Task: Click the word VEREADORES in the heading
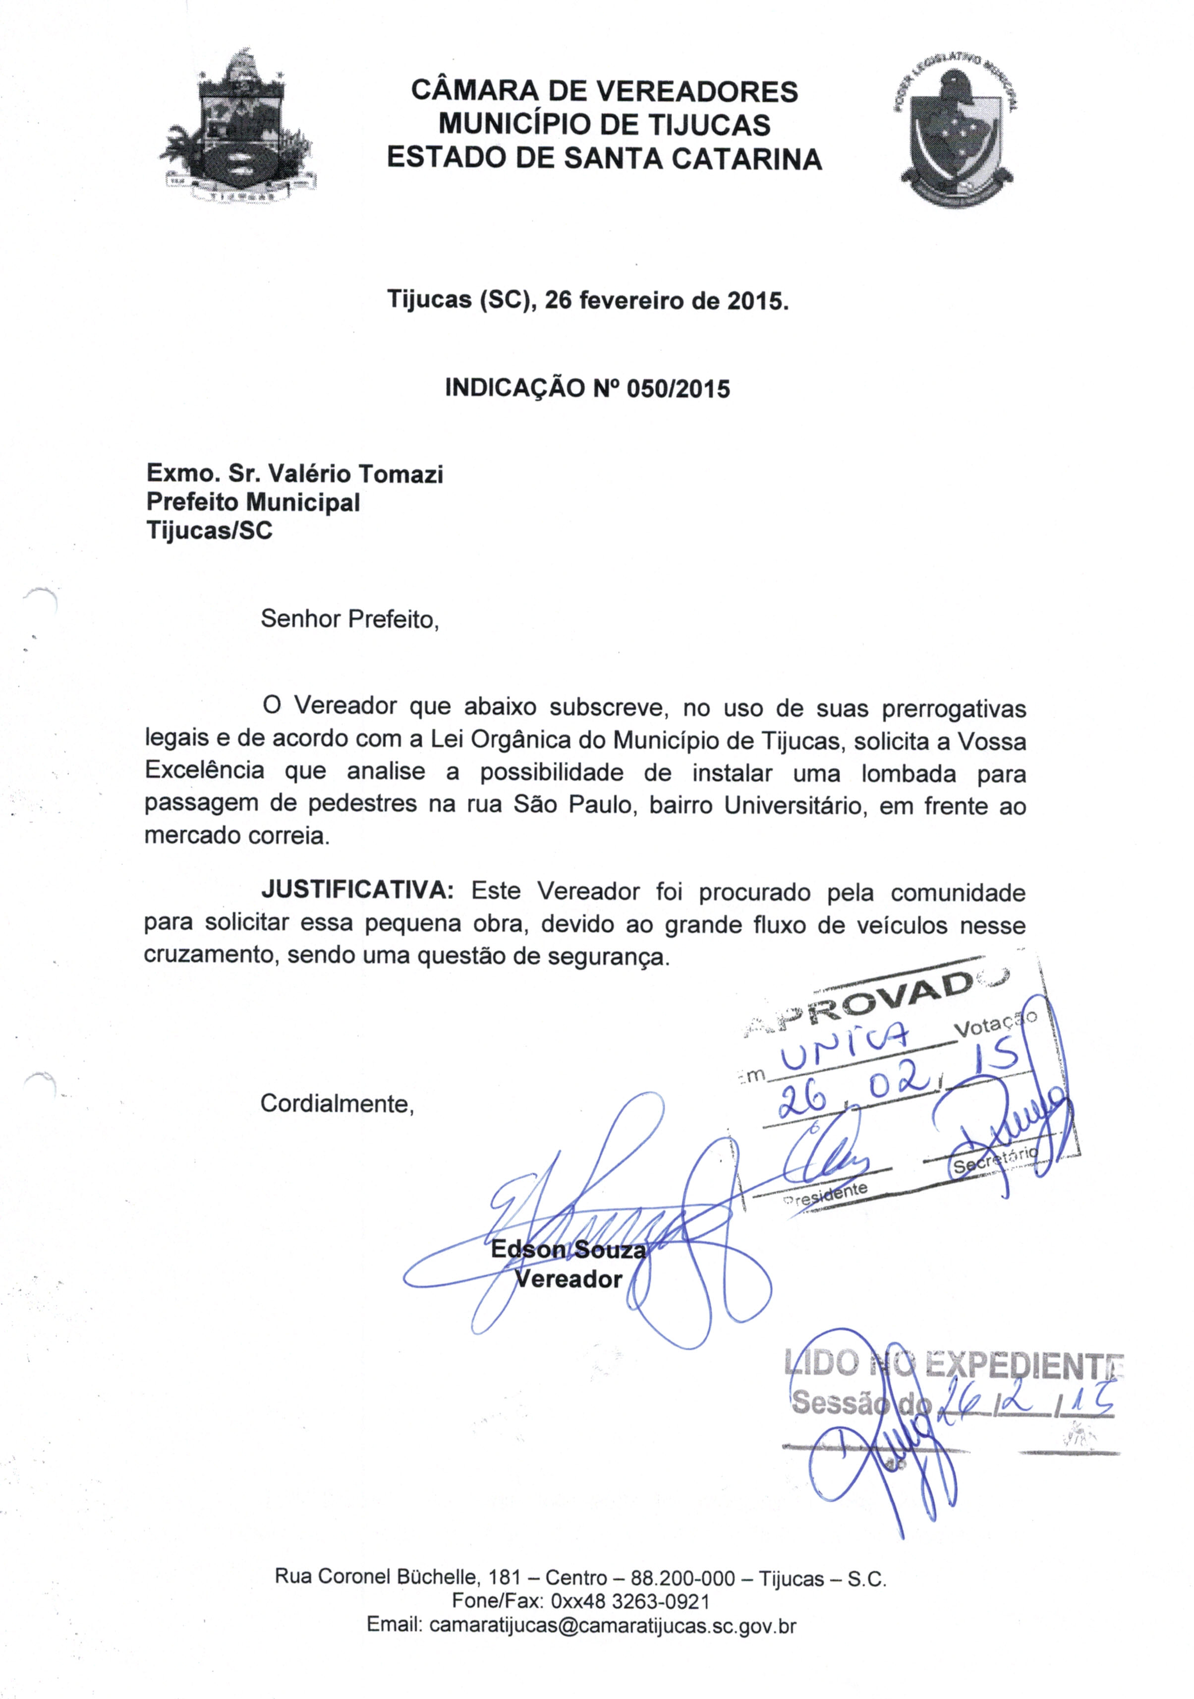pos(697,92)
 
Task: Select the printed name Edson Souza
pos(568,1251)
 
